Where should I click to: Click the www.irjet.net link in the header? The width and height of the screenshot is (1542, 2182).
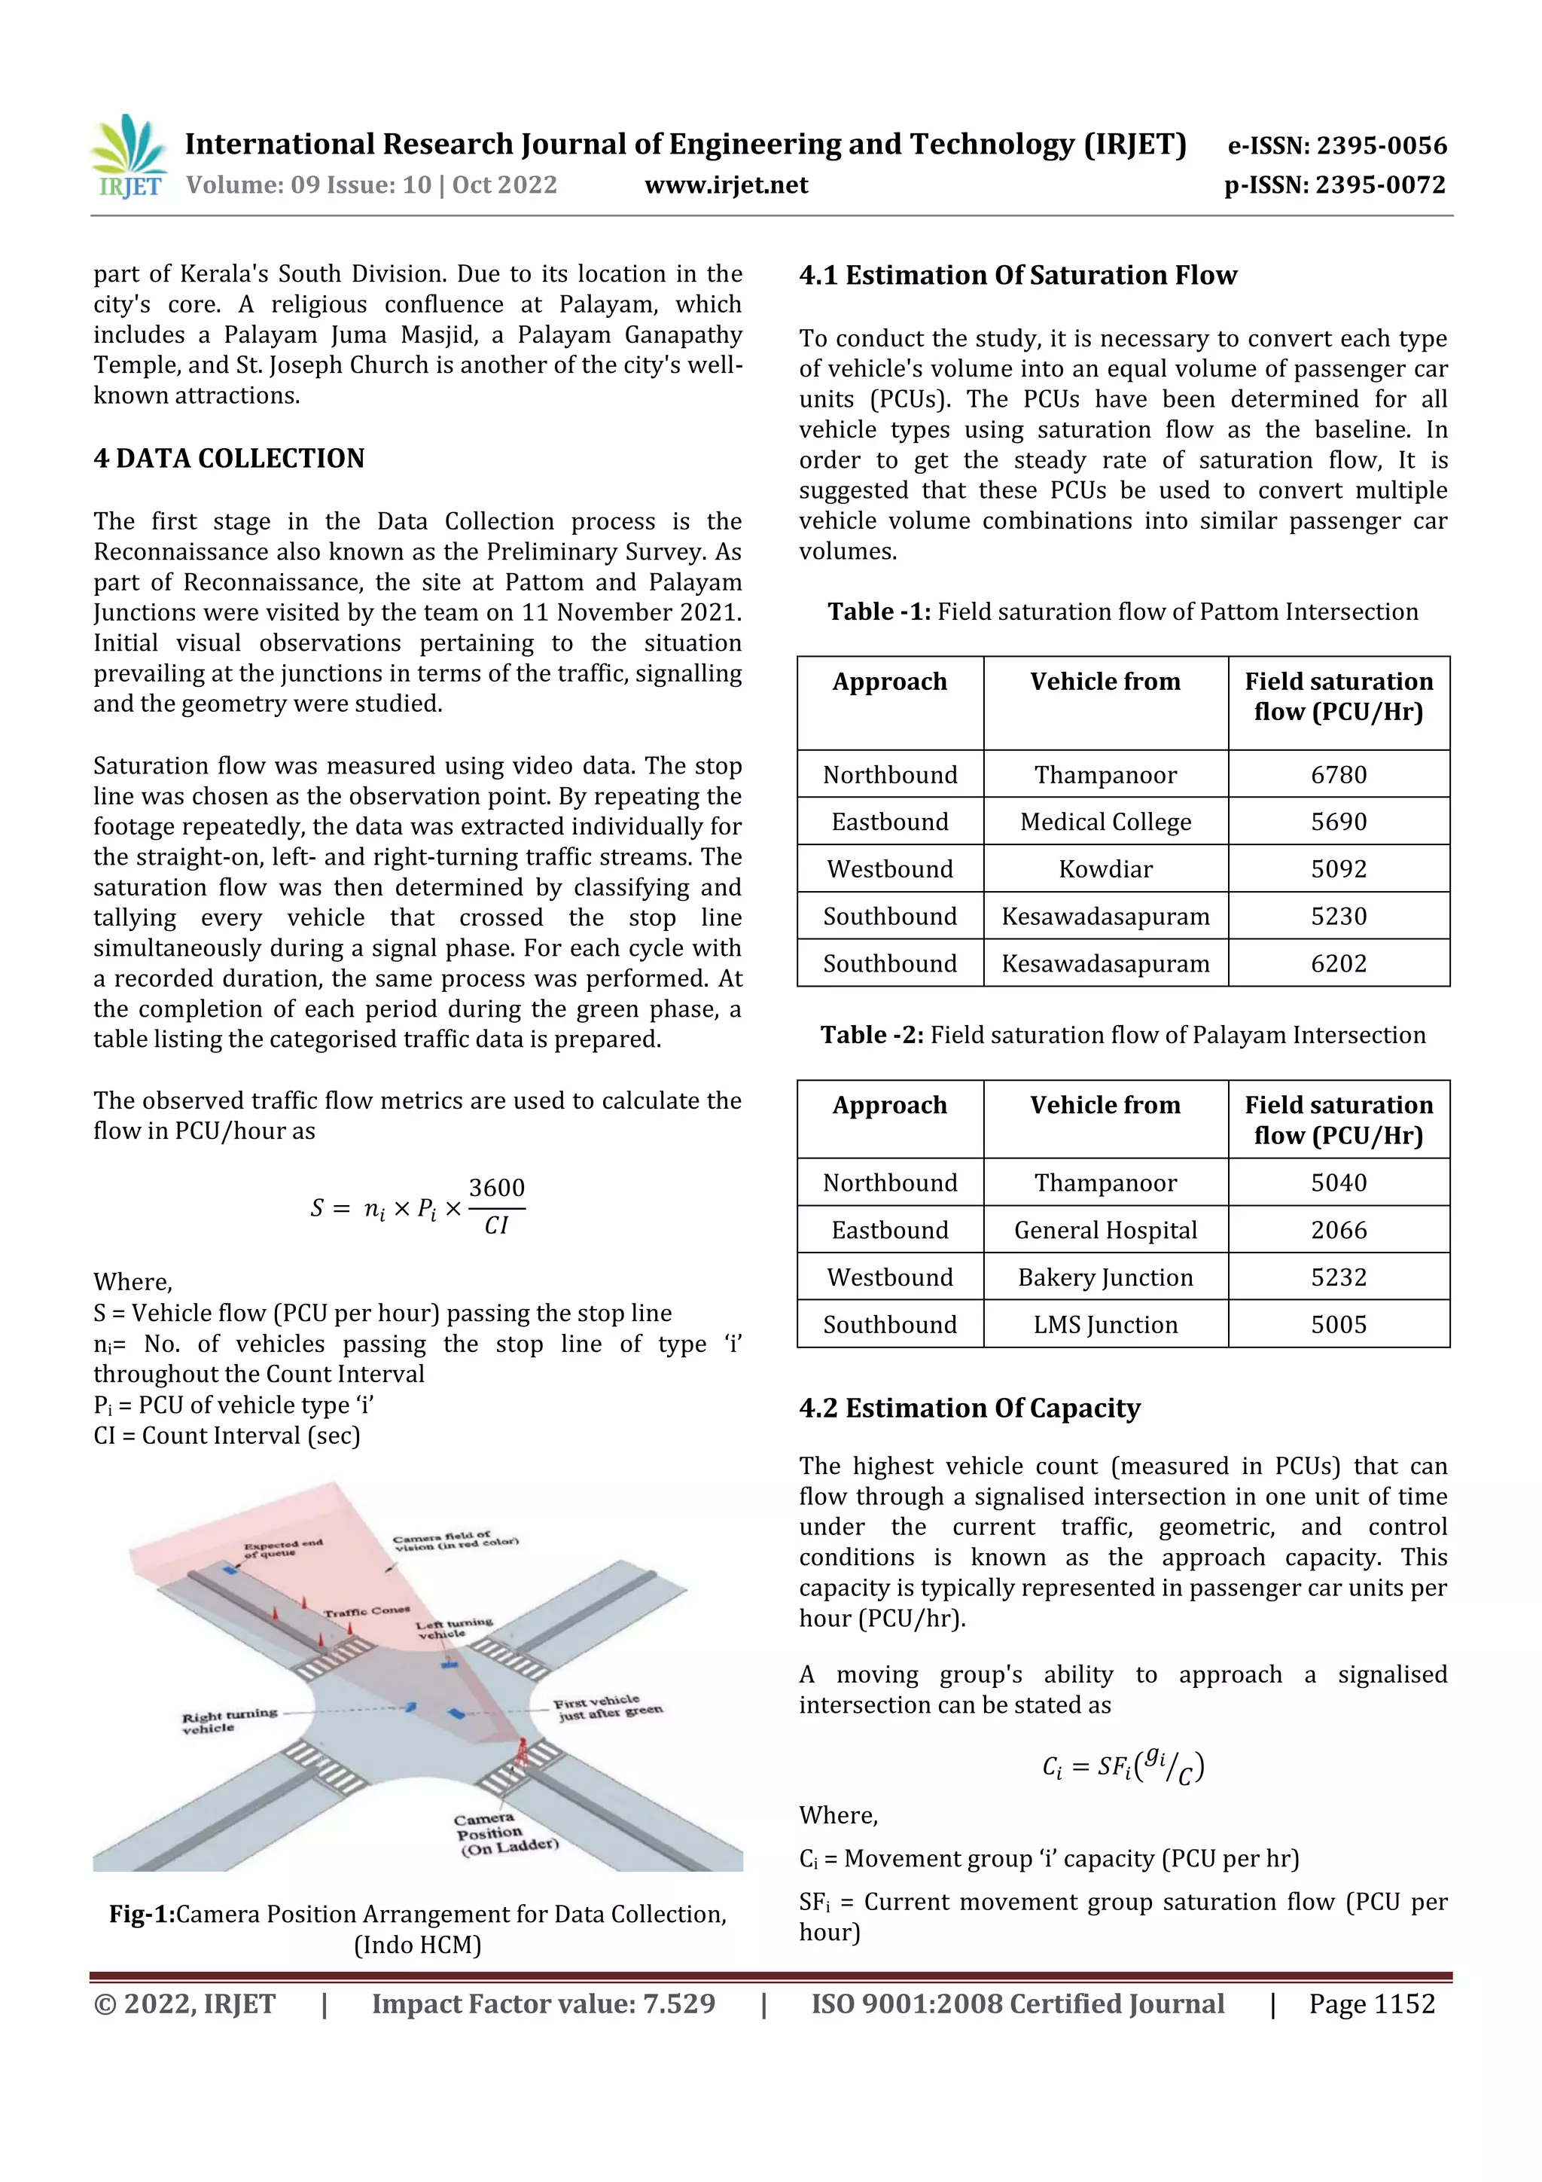click(726, 185)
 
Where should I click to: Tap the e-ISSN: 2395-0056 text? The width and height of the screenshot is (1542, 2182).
click(1336, 145)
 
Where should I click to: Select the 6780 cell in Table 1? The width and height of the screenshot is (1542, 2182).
click(1338, 774)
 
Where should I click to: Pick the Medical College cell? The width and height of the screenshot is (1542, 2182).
click(1105, 822)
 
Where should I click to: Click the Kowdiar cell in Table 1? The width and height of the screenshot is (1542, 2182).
click(1105, 868)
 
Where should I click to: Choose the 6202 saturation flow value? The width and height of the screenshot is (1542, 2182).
click(1338, 963)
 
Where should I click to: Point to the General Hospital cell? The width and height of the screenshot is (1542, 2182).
click(1105, 1230)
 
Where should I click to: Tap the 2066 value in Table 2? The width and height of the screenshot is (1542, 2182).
click(1338, 1230)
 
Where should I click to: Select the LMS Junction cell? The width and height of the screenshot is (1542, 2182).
click(1105, 1325)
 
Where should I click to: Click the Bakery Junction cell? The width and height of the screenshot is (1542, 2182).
click(1105, 1277)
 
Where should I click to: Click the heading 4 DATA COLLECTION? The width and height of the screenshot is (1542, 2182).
click(229, 458)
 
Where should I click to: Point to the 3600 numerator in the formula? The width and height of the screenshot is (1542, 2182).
click(496, 1188)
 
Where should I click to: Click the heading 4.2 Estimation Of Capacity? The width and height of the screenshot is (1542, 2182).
click(969, 1408)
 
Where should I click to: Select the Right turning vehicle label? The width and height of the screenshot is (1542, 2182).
click(229, 1721)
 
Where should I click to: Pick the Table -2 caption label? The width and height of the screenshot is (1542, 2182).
click(871, 1035)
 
